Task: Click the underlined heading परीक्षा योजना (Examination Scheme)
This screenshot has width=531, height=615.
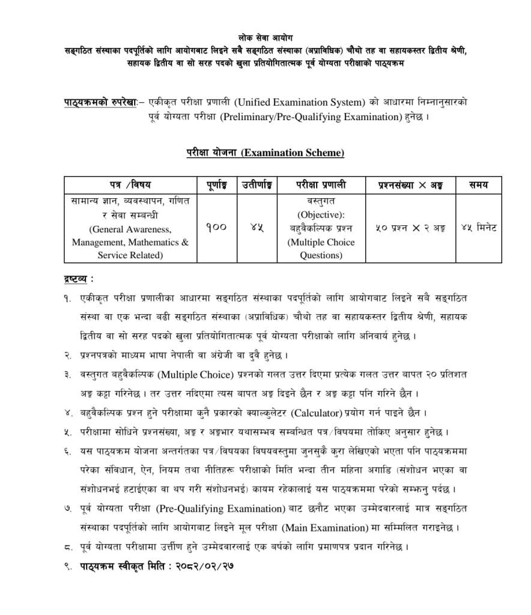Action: click(265, 153)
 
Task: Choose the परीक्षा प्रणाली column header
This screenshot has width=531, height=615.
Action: click(321, 184)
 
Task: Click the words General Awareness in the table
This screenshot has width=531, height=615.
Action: click(130, 229)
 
